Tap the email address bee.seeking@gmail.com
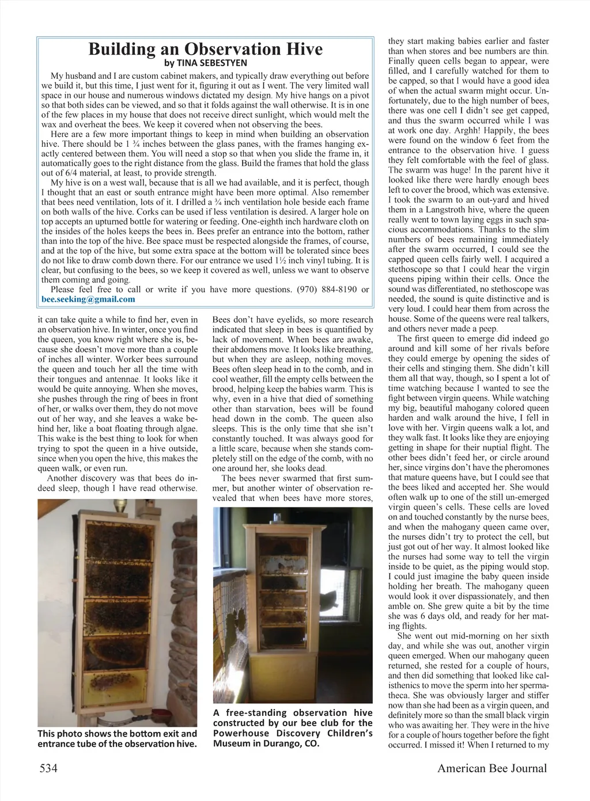click(89, 299)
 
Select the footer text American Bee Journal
click(491, 768)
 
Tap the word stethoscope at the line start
click(409, 269)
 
